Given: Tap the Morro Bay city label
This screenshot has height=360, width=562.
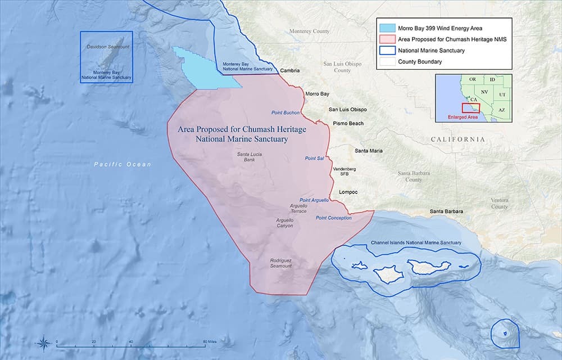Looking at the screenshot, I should pos(317,94).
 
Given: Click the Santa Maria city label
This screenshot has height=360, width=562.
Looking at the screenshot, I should pos(368,151).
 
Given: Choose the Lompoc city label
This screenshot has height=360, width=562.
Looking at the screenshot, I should pos(348,192).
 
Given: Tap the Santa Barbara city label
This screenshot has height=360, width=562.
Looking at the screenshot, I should pos(447,211).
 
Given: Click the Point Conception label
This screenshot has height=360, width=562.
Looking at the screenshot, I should pos(333,218).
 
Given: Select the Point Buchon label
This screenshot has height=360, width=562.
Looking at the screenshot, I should pos(285,112).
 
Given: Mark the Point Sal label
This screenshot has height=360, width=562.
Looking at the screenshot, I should pos(314,159).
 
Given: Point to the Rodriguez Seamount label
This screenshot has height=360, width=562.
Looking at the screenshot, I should pos(281,263).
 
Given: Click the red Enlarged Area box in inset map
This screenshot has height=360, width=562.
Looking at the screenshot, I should pos(470,107).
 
